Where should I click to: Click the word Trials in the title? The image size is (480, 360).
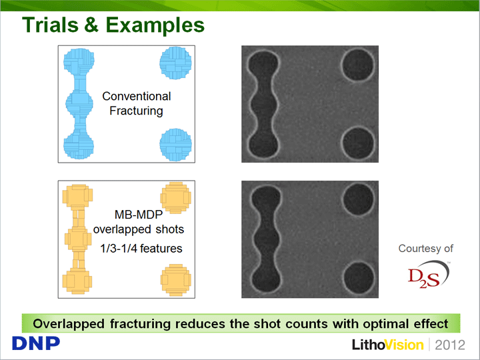pyautogui.click(x=50, y=25)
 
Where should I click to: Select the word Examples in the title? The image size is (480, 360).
pyautogui.click(x=155, y=26)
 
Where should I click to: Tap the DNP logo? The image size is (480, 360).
pyautogui.click(x=36, y=343)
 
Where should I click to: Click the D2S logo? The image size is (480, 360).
pyautogui.click(x=429, y=274)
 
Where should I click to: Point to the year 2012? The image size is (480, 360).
pyautogui.click(x=450, y=345)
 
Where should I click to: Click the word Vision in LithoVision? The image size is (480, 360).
pyautogui.click(x=404, y=345)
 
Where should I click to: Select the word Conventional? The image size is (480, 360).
pyautogui.click(x=137, y=96)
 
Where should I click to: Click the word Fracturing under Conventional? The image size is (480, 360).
pyautogui.click(x=136, y=111)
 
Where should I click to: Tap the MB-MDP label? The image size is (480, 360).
pyautogui.click(x=139, y=215)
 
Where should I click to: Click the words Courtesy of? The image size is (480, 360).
pyautogui.click(x=425, y=248)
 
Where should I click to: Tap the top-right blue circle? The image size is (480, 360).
pyautogui.click(x=175, y=63)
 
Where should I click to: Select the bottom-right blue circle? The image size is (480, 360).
pyautogui.click(x=175, y=145)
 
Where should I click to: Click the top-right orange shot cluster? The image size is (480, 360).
pyautogui.click(x=176, y=198)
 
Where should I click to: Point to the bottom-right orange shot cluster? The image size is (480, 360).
pyautogui.click(x=176, y=280)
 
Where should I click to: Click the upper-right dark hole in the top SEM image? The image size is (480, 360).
pyautogui.click(x=358, y=65)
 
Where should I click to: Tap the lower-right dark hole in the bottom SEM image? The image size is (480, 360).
pyautogui.click(x=358, y=278)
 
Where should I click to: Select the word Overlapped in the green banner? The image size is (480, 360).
pyautogui.click(x=69, y=324)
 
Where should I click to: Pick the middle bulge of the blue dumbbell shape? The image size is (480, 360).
pyautogui.click(x=79, y=103)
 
